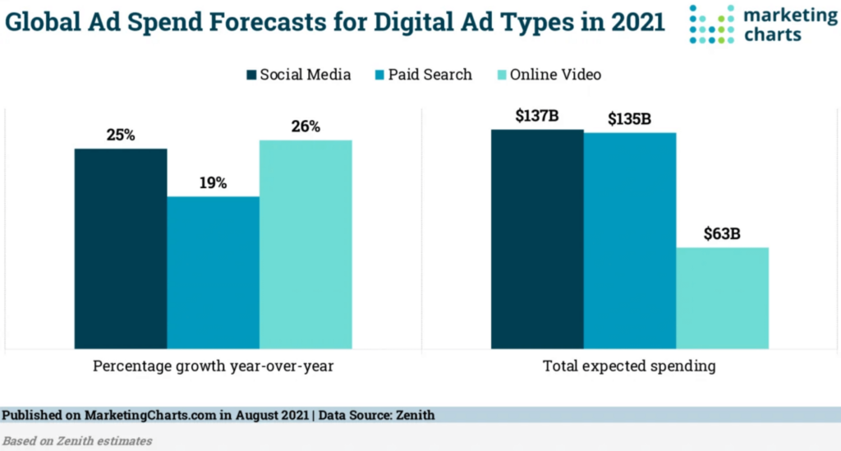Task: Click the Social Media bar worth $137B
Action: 537,239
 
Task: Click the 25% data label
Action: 121,134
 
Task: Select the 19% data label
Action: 214,182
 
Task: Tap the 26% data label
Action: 306,126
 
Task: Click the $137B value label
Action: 537,116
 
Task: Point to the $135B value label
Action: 630,119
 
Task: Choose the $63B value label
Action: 722,233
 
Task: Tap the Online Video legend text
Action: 555,75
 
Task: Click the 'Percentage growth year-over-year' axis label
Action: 213,366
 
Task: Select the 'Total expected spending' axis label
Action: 629,366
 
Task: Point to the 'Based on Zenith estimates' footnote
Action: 77,441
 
